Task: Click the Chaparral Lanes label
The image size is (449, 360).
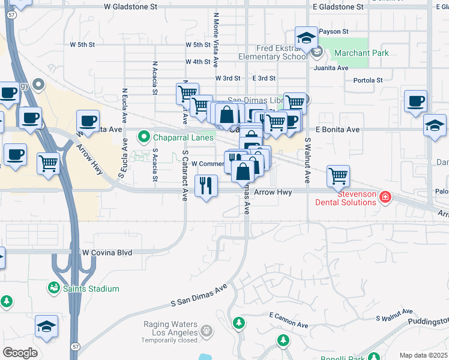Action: pos(178,137)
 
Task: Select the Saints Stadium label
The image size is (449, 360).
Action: pos(92,289)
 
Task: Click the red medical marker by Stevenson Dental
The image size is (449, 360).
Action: pos(385,196)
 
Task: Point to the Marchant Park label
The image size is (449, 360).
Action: pos(361,53)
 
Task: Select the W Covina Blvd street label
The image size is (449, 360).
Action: pos(107,253)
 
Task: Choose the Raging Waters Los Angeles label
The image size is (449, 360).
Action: pos(170,328)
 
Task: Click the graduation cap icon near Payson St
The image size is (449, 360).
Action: pos(306,38)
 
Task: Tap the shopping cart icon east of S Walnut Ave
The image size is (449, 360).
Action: pos(339,176)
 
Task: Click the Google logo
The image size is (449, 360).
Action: pos(20,353)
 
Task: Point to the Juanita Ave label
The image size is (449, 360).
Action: pos(334,68)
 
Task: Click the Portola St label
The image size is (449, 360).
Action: pos(368,80)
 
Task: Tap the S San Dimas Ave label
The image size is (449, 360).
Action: pos(199,295)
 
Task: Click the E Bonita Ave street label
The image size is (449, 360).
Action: pos(337,130)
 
